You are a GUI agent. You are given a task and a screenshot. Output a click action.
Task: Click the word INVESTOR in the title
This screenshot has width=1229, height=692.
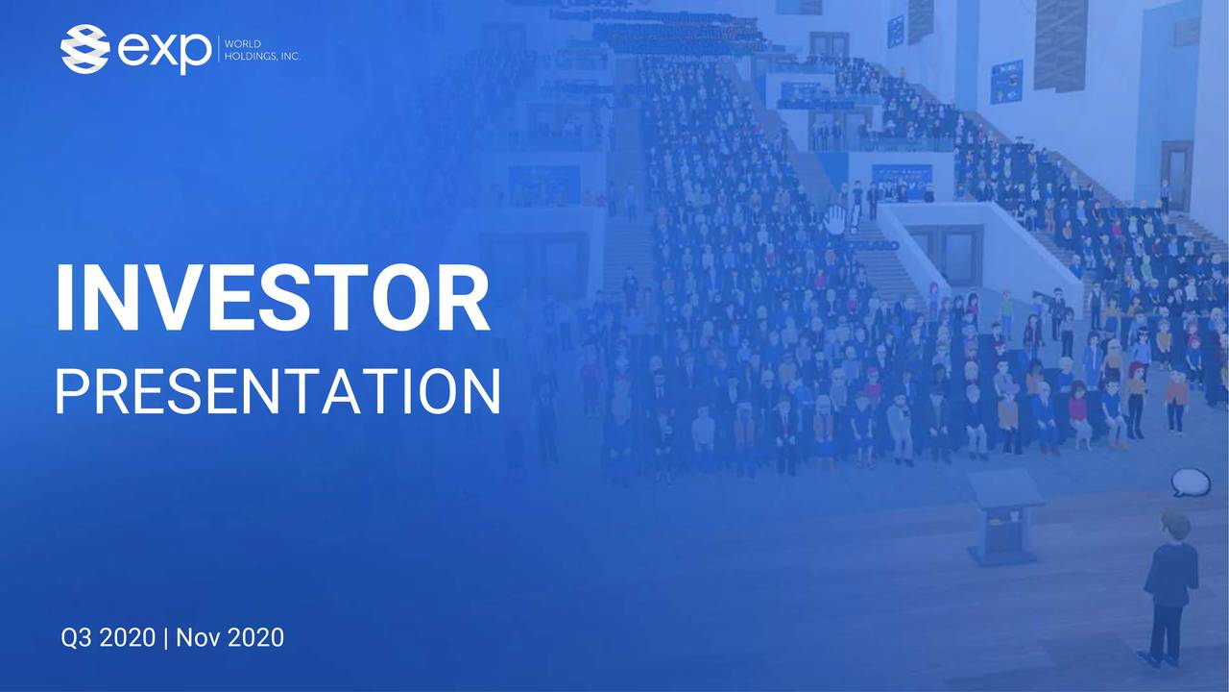[x=272, y=297]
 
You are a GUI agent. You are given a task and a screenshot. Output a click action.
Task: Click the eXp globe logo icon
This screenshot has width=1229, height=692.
[x=84, y=49]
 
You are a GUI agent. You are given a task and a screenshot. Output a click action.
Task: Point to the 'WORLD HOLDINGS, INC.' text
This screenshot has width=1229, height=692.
[x=262, y=50]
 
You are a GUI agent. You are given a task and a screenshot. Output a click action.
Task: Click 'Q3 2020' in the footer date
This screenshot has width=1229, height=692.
[x=108, y=637]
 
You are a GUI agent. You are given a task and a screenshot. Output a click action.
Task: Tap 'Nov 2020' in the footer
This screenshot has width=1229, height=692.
[x=230, y=637]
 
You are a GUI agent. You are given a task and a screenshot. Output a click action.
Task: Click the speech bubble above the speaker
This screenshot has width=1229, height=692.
[x=1190, y=482]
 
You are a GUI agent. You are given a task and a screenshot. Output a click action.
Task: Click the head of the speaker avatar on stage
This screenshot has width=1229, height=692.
[x=1173, y=524]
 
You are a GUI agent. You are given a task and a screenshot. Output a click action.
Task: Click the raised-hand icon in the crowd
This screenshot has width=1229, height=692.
[x=835, y=220]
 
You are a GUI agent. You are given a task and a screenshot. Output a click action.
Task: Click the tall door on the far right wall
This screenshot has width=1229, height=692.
[x=1176, y=173]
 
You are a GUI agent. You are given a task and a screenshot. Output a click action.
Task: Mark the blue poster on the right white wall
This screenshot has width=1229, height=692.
[x=1006, y=82]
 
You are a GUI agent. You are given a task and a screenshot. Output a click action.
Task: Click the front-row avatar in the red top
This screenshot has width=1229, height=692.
[x=1078, y=404]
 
